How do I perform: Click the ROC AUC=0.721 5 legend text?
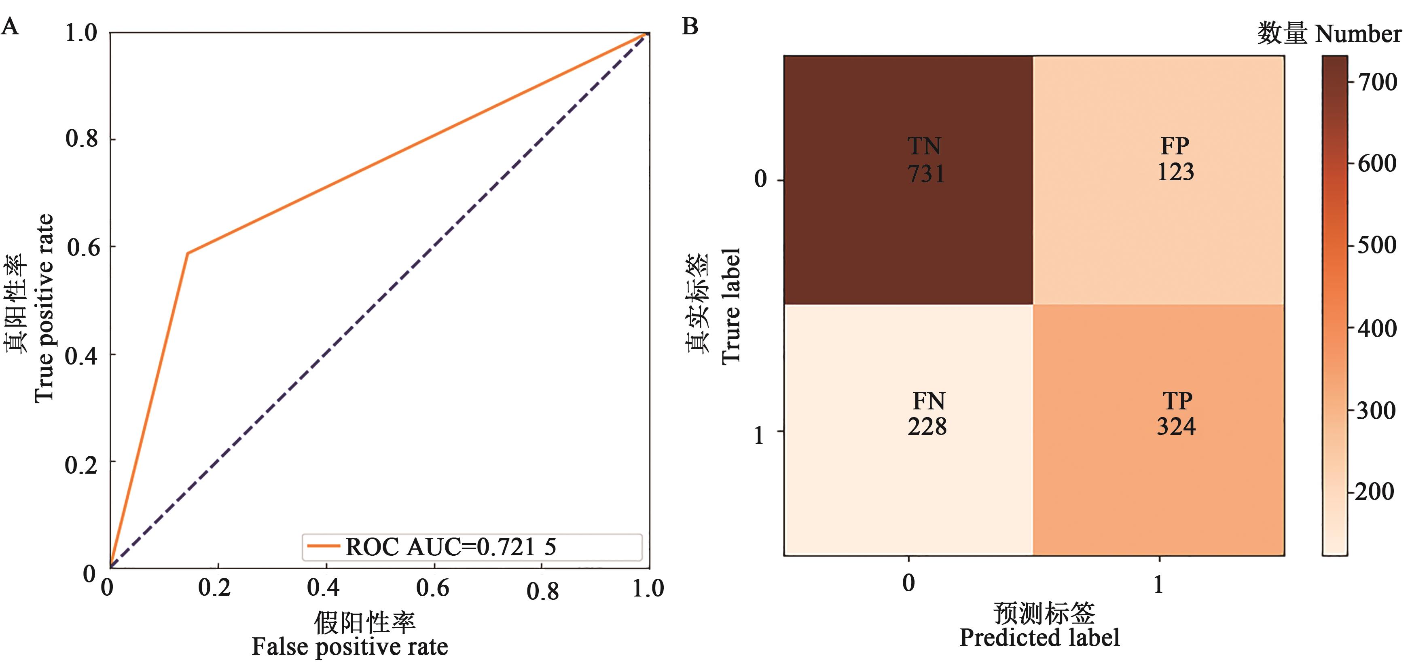pos(451,546)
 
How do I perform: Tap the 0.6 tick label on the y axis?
pos(84,247)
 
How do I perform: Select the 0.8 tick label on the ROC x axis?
pos(542,591)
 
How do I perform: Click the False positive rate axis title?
pos(350,647)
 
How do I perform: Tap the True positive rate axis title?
pos(44,308)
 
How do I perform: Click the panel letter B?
pos(690,26)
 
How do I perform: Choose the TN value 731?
pos(925,174)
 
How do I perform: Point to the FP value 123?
pos(1175,172)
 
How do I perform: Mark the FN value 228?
pos(927,427)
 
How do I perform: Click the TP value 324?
pos(1176,427)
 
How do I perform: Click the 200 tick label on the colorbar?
pos(1375,491)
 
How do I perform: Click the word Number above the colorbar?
pos(1358,34)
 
